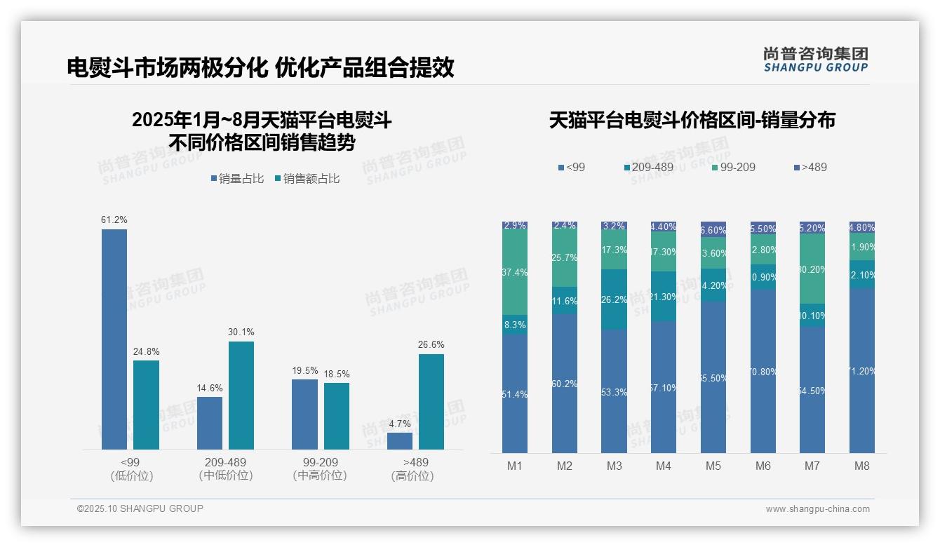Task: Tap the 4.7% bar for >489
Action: click(x=400, y=441)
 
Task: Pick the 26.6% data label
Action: click(x=431, y=344)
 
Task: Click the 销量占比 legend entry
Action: click(x=237, y=179)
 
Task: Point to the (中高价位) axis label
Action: click(x=320, y=475)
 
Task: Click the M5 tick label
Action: click(x=713, y=466)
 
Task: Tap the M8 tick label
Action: click(x=862, y=466)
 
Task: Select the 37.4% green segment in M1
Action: click(x=515, y=272)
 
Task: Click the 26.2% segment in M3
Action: click(x=614, y=299)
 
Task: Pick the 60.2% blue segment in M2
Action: click(x=564, y=383)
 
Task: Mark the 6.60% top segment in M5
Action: click(x=713, y=229)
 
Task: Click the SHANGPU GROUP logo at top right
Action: click(x=815, y=60)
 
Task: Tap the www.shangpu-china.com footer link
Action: click(x=817, y=509)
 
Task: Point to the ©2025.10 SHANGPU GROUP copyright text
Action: click(x=140, y=509)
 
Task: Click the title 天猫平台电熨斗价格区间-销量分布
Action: click(x=692, y=120)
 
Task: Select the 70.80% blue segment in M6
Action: click(x=763, y=371)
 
